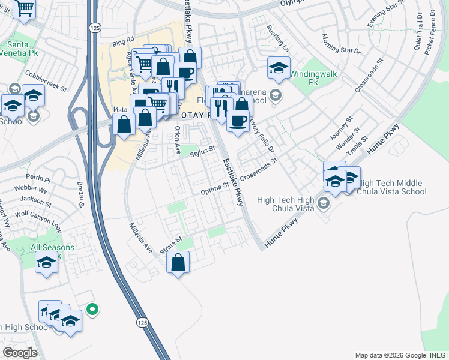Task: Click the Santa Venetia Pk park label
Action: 23,49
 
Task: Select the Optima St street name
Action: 215,189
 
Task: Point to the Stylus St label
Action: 202,153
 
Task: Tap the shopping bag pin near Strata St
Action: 178,262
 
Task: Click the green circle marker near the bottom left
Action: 92,310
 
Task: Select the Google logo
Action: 19,353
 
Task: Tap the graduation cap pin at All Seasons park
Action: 46,262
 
